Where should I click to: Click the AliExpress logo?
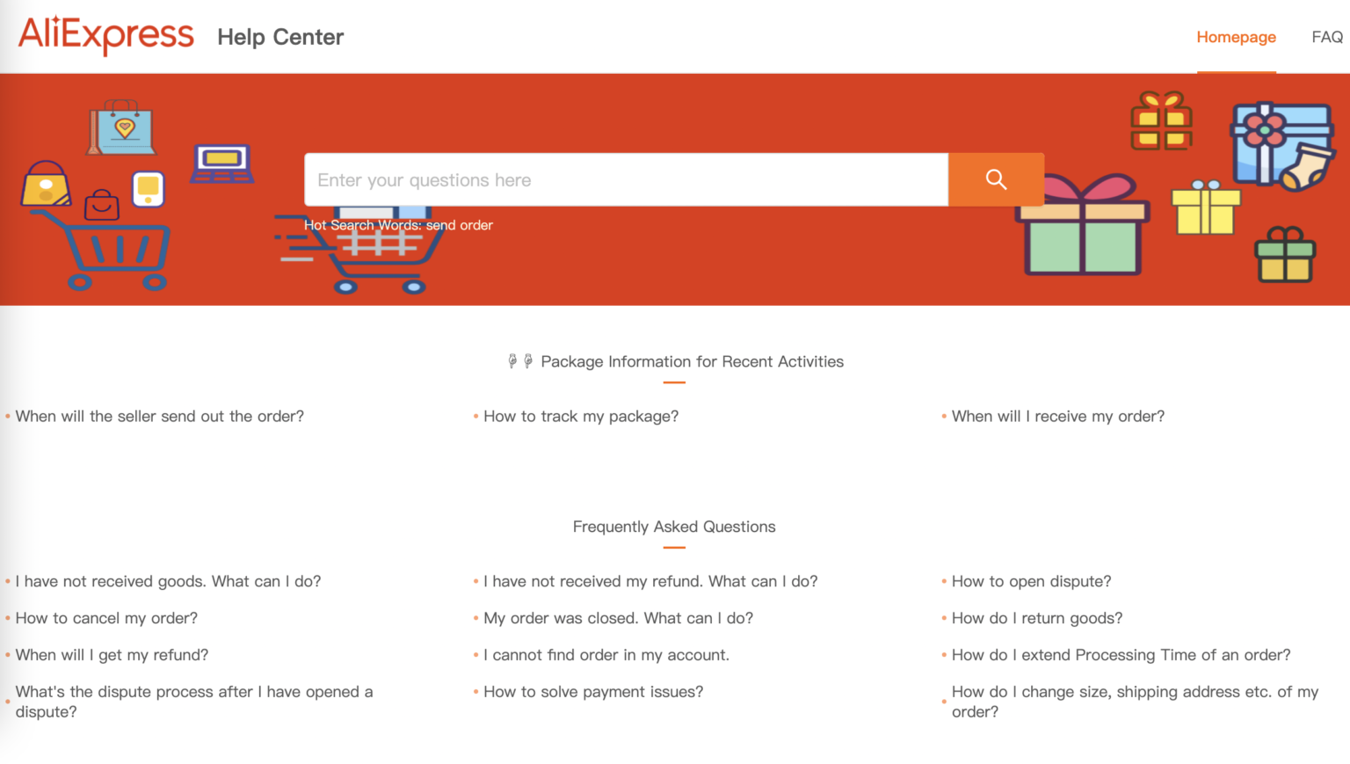(x=105, y=35)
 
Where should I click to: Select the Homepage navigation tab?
(x=1236, y=37)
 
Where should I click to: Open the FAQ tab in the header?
(x=1326, y=37)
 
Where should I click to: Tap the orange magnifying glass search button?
(x=996, y=180)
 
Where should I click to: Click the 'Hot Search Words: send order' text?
(x=398, y=225)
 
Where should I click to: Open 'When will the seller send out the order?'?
(x=159, y=417)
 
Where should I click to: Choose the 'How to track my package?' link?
(x=581, y=417)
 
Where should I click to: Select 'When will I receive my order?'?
(x=1057, y=417)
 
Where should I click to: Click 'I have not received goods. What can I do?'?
(x=168, y=582)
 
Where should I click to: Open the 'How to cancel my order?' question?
(x=106, y=619)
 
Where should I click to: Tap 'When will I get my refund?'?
(x=112, y=656)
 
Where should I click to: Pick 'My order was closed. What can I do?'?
(x=618, y=619)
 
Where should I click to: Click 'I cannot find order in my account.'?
(x=606, y=656)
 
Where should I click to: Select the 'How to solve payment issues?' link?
(x=593, y=693)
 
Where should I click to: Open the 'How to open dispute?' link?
(x=1031, y=582)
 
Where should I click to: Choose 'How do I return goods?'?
(x=1037, y=619)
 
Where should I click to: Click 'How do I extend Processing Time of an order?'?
(x=1121, y=656)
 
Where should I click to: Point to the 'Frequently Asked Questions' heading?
(x=674, y=528)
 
